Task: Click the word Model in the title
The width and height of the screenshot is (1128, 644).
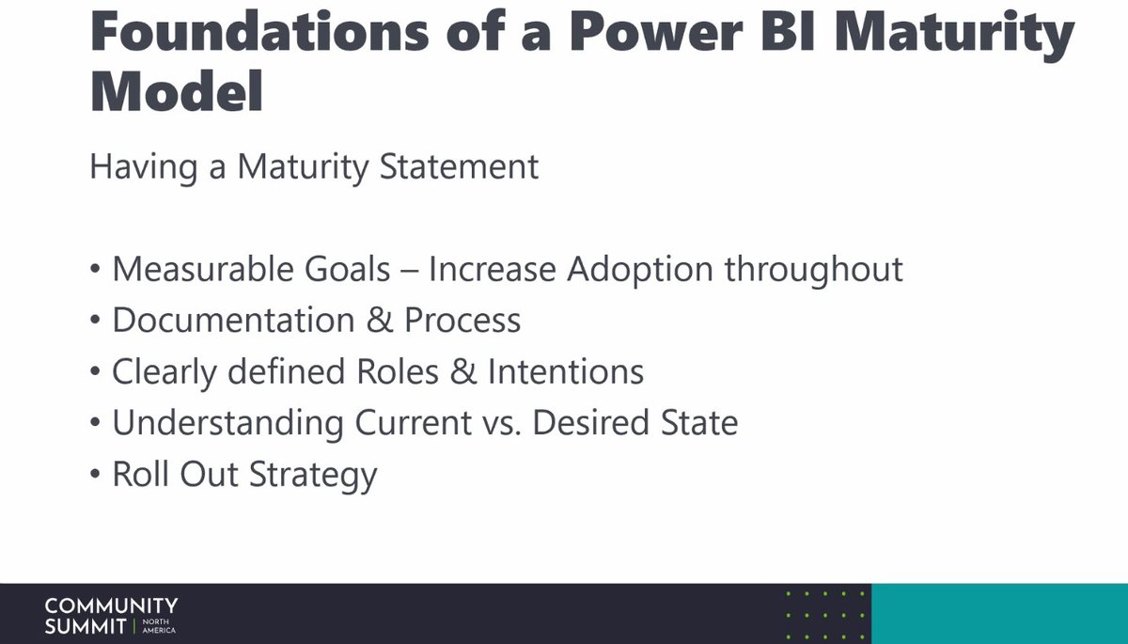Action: (178, 94)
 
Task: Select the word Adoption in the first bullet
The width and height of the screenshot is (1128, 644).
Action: (642, 270)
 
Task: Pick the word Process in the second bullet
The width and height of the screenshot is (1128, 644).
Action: (462, 322)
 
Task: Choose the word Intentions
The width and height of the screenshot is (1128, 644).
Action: (565, 371)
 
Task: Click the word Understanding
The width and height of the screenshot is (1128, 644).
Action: (228, 423)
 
